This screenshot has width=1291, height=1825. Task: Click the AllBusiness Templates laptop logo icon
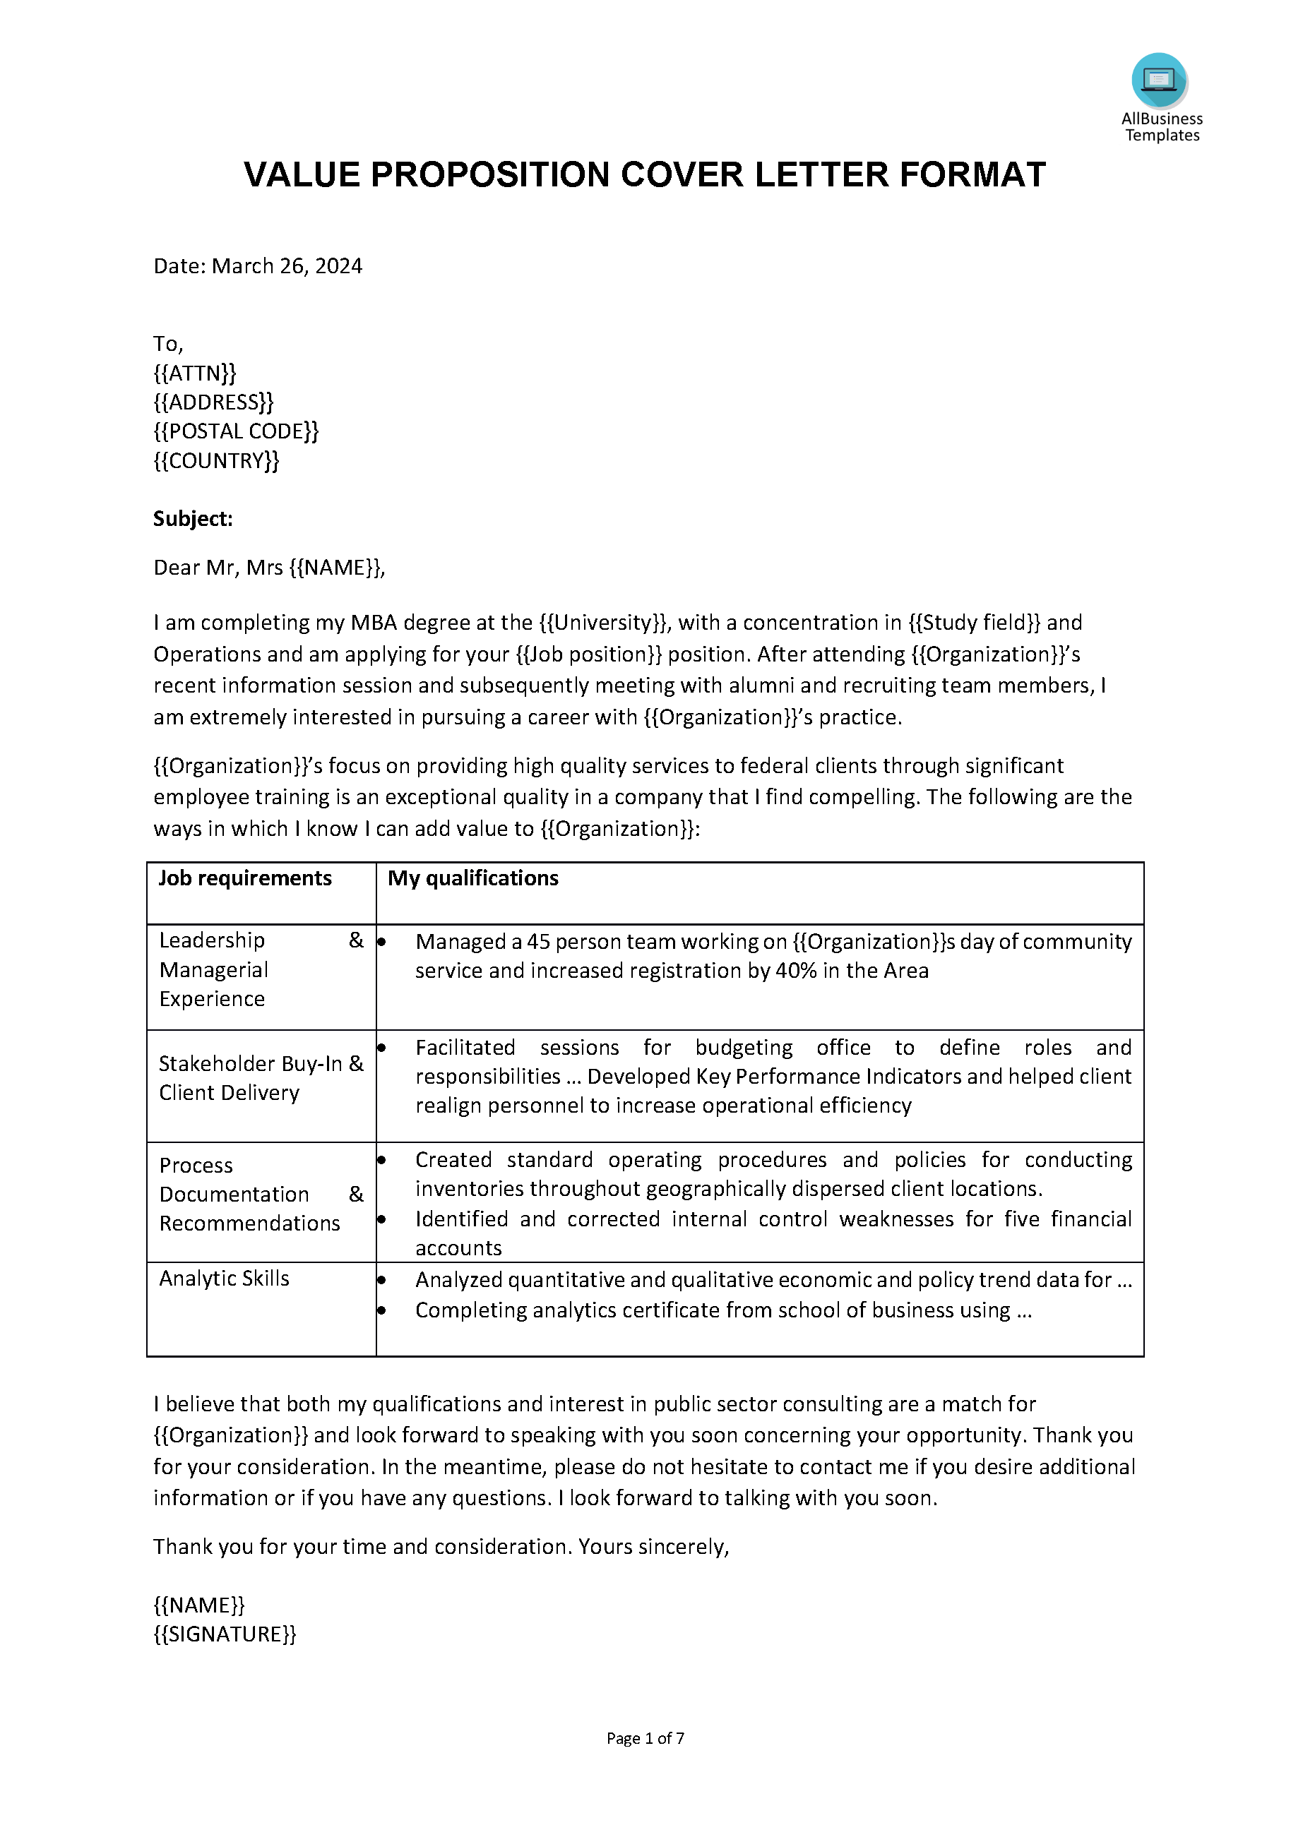coord(1159,80)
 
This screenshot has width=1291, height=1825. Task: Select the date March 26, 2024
coord(286,266)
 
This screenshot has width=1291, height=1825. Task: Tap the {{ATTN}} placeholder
coord(195,373)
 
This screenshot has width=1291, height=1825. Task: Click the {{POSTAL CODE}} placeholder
coord(235,431)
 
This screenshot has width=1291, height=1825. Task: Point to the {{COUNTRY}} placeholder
coord(216,461)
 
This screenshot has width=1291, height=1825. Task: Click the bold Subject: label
coord(192,519)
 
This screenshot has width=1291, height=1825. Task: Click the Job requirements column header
coord(245,878)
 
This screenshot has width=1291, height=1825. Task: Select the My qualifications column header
coord(473,878)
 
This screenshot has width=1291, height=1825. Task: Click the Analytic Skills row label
coord(224,1278)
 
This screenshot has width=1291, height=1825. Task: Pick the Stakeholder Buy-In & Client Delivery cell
coord(261,1078)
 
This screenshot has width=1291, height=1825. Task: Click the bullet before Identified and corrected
coord(381,1219)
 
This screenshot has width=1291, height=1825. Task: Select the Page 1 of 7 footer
coord(645,1738)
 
